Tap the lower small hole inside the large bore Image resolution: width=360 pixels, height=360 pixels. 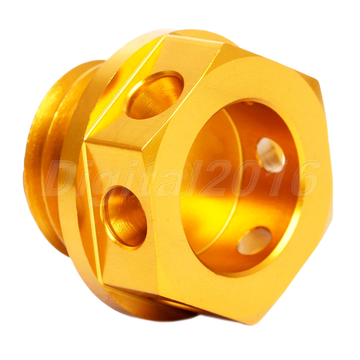(255, 240)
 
